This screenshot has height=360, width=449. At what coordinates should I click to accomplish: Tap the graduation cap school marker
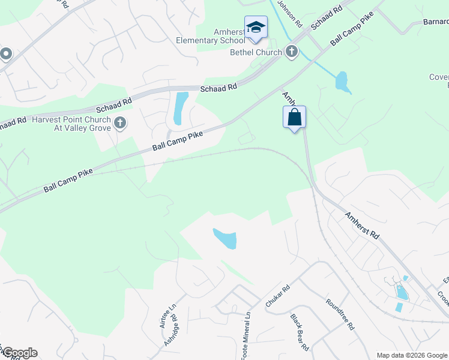[256, 28]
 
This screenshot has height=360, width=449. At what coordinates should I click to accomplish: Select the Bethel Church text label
[256, 52]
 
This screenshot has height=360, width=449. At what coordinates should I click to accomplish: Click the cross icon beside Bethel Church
[292, 52]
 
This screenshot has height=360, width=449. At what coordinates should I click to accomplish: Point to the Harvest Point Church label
[73, 124]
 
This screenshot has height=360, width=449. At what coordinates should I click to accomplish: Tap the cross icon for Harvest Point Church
[120, 124]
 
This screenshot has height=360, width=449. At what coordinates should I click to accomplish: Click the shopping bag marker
[294, 117]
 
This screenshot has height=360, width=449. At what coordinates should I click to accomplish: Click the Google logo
[19, 353]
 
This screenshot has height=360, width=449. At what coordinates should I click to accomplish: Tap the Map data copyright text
[411, 355]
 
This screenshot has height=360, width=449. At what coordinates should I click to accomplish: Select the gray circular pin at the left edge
[6, 54]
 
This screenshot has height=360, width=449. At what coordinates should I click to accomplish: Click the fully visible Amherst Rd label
[362, 227]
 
